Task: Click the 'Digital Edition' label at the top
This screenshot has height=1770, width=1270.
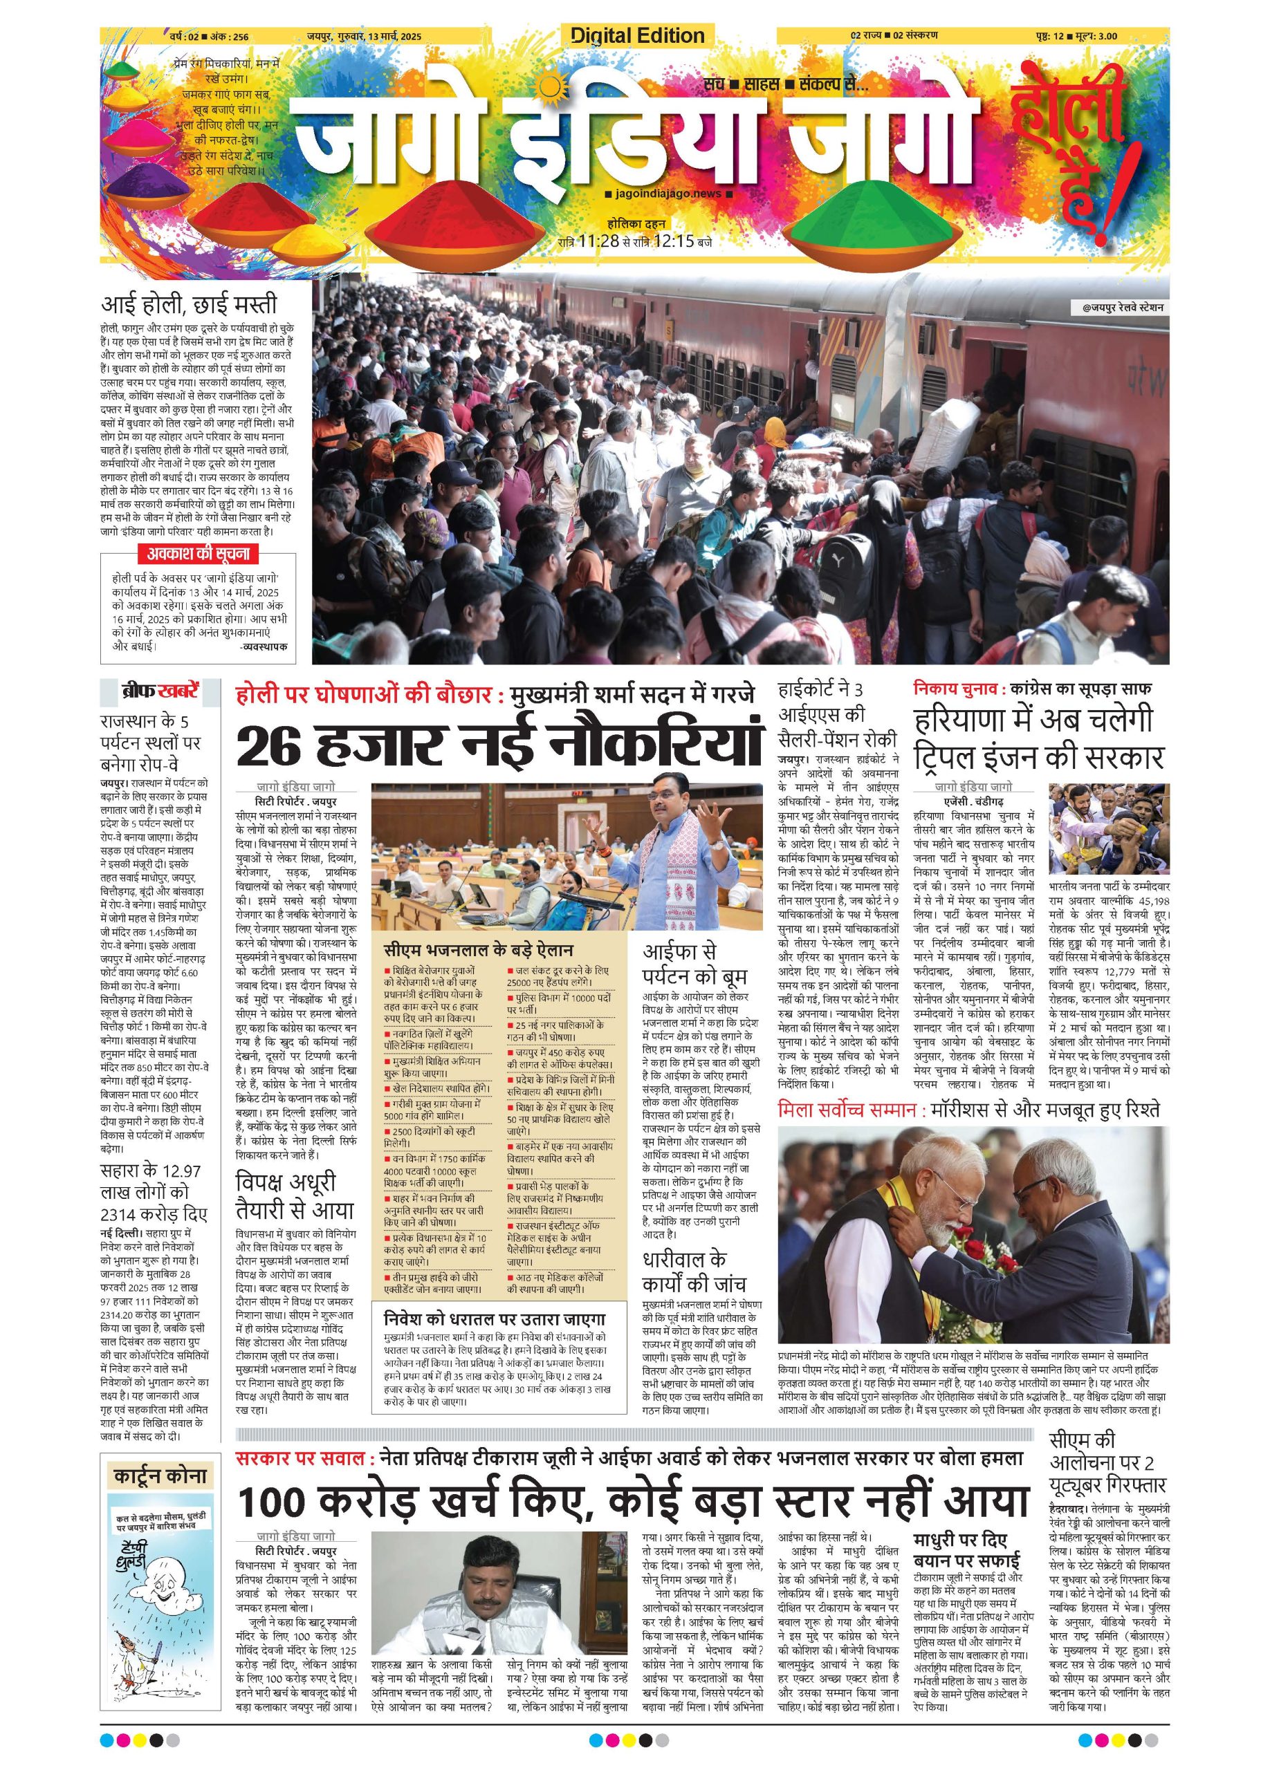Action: (x=637, y=36)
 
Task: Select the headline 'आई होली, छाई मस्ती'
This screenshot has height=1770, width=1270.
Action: (x=189, y=304)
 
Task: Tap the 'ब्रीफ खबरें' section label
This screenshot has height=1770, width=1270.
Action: (x=159, y=691)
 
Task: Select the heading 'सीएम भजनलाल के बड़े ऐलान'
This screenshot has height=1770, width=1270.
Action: (x=478, y=951)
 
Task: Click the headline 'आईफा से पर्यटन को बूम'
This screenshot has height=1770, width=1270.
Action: (x=684, y=964)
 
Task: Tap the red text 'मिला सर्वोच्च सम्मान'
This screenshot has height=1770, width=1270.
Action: (x=845, y=1108)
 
